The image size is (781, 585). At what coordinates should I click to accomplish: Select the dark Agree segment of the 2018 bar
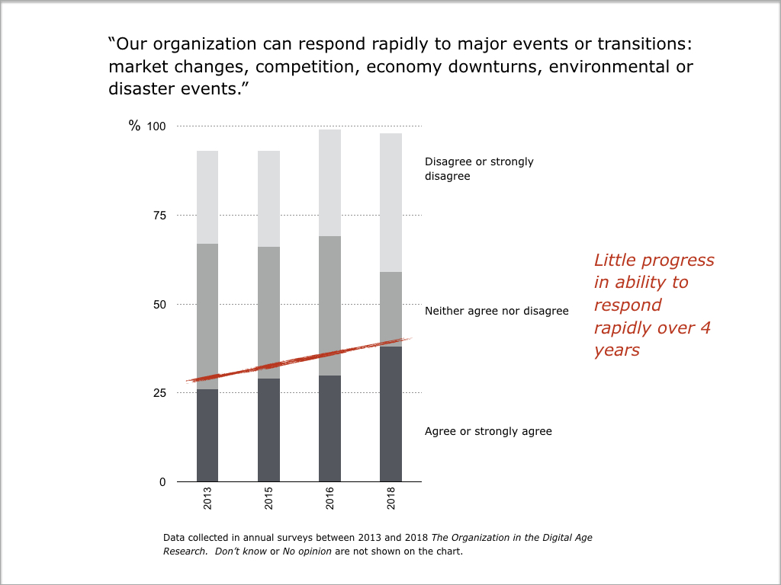click(x=390, y=414)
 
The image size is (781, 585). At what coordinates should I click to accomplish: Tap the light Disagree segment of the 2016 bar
click(x=329, y=183)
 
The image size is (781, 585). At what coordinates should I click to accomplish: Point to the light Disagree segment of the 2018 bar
click(x=390, y=203)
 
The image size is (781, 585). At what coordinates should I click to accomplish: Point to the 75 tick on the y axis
click(x=159, y=216)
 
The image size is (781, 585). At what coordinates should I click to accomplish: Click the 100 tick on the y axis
click(x=156, y=126)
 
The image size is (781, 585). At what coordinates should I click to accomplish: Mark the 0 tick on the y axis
click(x=162, y=482)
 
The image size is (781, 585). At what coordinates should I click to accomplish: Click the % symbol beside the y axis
click(x=134, y=126)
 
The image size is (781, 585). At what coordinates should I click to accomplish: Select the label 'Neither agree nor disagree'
click(x=497, y=311)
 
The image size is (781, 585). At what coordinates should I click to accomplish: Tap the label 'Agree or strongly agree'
click(x=488, y=431)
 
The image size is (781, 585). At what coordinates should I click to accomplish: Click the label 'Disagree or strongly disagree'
click(x=479, y=168)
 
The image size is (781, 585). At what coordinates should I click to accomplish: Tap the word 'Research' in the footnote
click(x=183, y=551)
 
